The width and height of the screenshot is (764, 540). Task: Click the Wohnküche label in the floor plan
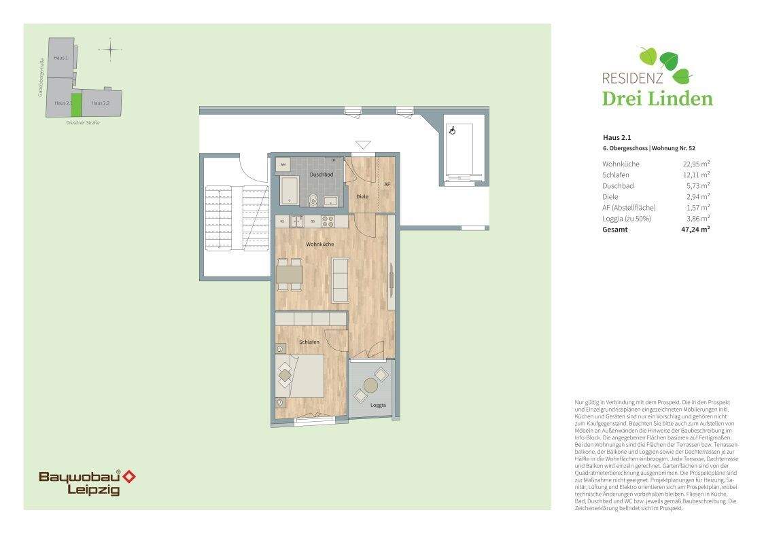(x=319, y=244)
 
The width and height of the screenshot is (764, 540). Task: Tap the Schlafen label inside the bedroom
(x=309, y=342)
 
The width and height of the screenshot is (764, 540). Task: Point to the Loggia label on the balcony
(x=378, y=405)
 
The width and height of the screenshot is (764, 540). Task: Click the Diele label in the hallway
(x=362, y=196)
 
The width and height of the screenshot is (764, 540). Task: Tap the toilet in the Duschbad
(x=313, y=199)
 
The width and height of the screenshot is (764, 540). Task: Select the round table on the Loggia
(x=370, y=386)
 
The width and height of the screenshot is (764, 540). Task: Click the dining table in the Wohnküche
(x=290, y=274)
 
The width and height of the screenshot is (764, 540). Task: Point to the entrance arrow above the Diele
(x=364, y=145)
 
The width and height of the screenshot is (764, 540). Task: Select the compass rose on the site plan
(x=109, y=49)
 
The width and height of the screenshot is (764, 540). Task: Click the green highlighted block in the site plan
(x=76, y=104)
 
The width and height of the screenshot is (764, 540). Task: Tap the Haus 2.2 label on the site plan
(x=100, y=103)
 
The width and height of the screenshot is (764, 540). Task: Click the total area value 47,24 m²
(x=695, y=230)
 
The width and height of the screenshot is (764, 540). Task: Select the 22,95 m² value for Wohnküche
(x=696, y=164)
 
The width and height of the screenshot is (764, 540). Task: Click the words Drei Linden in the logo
(x=657, y=98)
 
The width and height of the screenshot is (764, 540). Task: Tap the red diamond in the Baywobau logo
(x=128, y=477)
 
